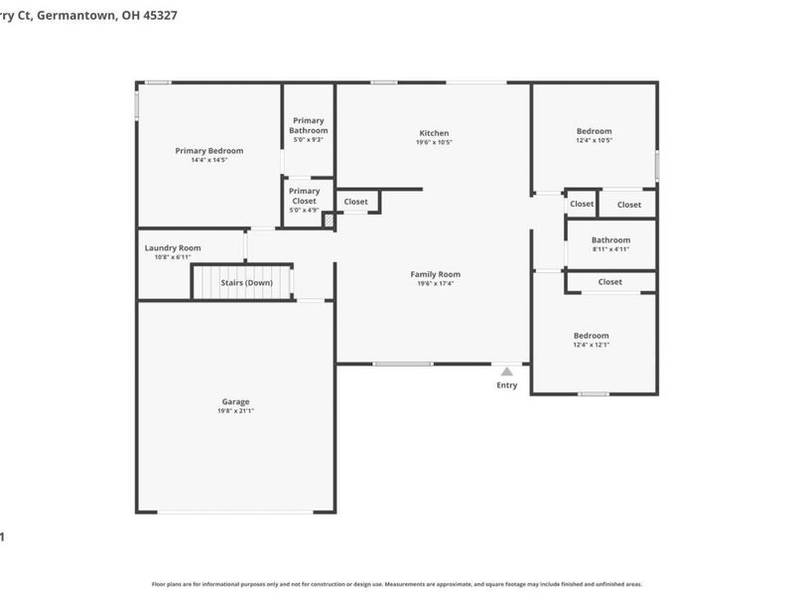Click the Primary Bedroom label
[208, 151]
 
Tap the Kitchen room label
[434, 133]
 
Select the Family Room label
[436, 274]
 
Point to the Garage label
[235, 401]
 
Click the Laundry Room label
[173, 247]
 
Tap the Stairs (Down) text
[246, 282]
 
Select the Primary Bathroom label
[308, 125]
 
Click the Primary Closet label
[304, 196]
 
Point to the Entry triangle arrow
[506, 372]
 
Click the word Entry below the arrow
[506, 385]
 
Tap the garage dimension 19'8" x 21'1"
[235, 411]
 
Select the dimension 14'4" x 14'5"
[208, 161]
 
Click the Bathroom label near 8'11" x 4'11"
[610, 239]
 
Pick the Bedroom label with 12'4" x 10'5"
[594, 131]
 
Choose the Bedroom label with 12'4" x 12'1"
[591, 336]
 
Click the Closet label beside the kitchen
[355, 202]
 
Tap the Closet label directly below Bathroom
[610, 282]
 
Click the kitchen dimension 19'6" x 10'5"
[434, 143]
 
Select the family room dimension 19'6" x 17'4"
[436, 284]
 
